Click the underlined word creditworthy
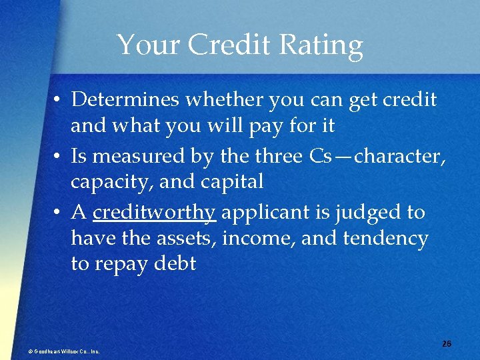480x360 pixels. coord(154,213)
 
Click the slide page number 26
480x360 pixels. coord(446,343)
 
